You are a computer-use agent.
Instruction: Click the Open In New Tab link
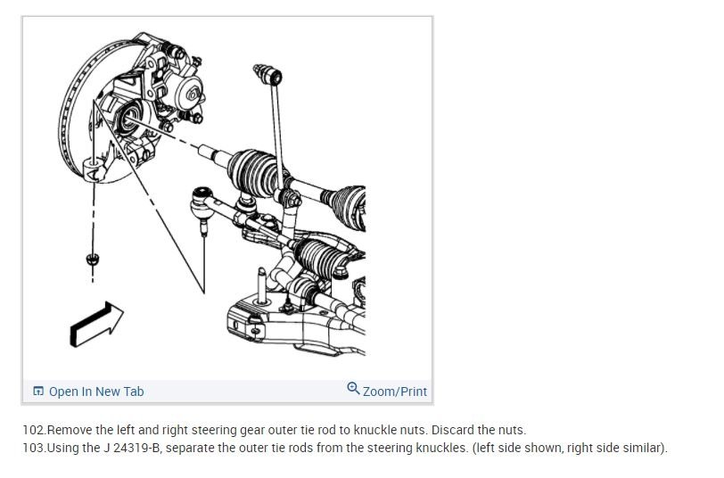click(x=95, y=391)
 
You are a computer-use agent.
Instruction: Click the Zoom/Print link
click(x=394, y=391)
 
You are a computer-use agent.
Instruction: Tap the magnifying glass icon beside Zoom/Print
click(x=353, y=389)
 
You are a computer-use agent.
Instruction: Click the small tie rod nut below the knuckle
click(x=91, y=259)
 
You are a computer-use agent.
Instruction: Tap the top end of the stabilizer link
click(x=260, y=68)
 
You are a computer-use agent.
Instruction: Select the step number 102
click(x=34, y=430)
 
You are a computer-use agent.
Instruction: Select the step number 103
click(x=34, y=447)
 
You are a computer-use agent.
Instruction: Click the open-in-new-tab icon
click(x=38, y=391)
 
